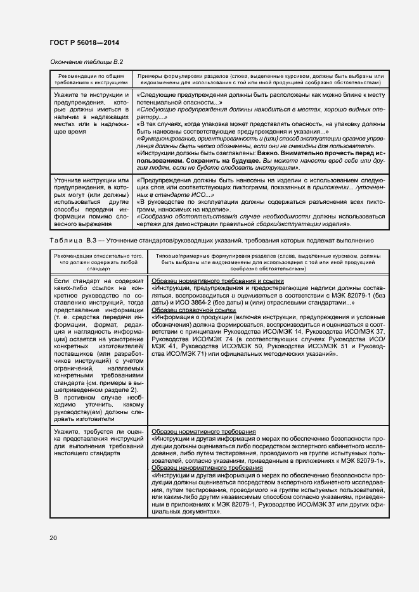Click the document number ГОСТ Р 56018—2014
click(x=84, y=42)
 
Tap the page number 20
click(x=53, y=538)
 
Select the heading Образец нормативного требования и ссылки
click(x=218, y=280)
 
